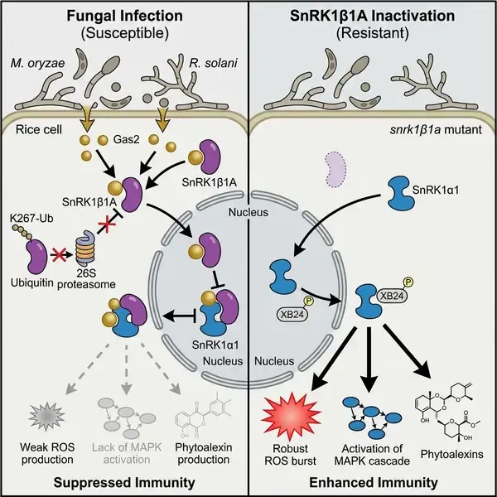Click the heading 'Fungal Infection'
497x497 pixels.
click(123, 13)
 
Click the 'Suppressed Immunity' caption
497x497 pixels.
click(124, 480)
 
